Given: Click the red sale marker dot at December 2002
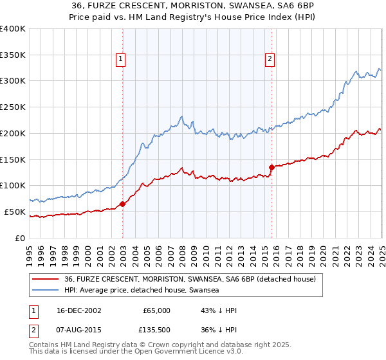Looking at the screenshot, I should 122,204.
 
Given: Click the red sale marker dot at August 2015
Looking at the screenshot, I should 271,167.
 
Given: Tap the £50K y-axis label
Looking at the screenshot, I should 15,212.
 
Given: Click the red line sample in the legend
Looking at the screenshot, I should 45,280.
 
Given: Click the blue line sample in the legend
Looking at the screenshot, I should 45,291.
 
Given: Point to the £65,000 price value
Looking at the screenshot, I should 156,310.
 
